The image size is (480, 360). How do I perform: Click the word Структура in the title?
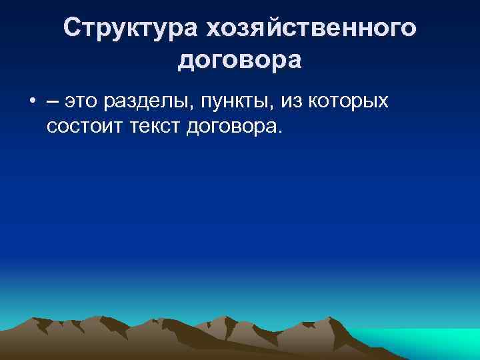pyautogui.click(x=131, y=28)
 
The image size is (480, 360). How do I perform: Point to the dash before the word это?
pyautogui.click(x=52, y=102)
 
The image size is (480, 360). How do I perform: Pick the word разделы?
pyautogui.click(x=141, y=102)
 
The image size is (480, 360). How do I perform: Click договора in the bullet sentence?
pyautogui.click(x=231, y=126)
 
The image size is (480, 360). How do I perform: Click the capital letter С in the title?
pyautogui.click(x=72, y=28)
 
